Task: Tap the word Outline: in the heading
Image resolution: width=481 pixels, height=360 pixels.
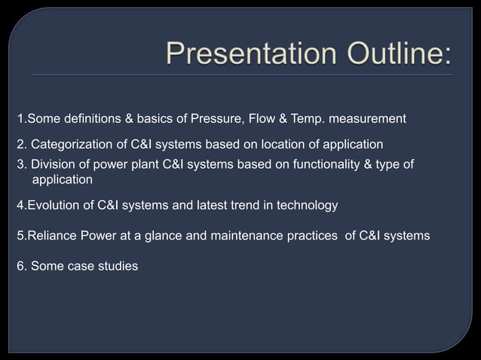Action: (391, 54)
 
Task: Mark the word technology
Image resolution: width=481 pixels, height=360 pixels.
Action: (300, 205)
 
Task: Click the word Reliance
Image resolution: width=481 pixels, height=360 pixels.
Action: (51, 236)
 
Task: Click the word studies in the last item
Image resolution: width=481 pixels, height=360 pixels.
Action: (118, 266)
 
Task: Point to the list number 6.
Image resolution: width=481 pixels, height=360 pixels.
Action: (21, 266)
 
